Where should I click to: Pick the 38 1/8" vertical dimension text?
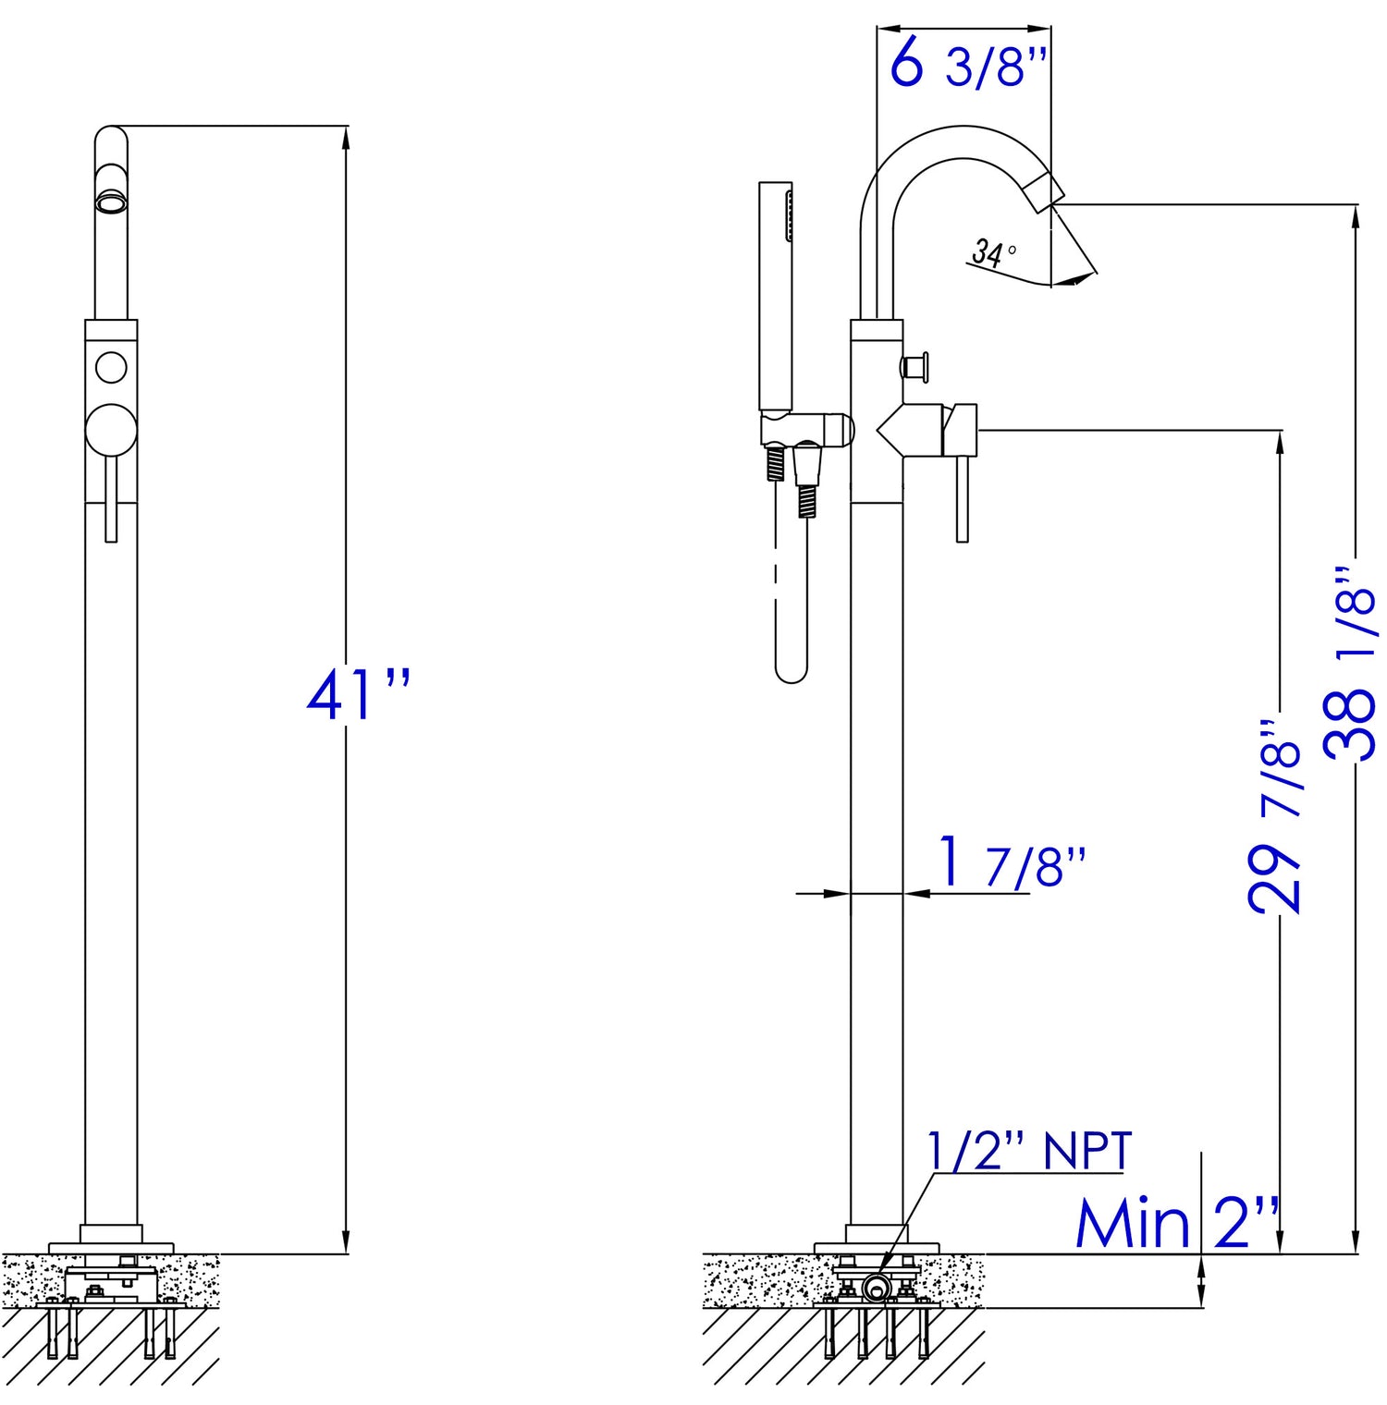pos(1350,666)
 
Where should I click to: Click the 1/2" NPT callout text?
pos(1029,1152)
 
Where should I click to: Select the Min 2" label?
pos(1176,1226)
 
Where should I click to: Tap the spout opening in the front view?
pos(111,202)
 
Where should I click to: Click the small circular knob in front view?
pos(111,367)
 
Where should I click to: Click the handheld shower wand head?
pos(776,296)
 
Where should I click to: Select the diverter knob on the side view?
pos(916,368)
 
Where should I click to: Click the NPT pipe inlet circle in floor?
pos(875,1287)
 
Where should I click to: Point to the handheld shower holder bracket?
pos(804,431)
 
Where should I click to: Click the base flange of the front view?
pos(111,1247)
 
